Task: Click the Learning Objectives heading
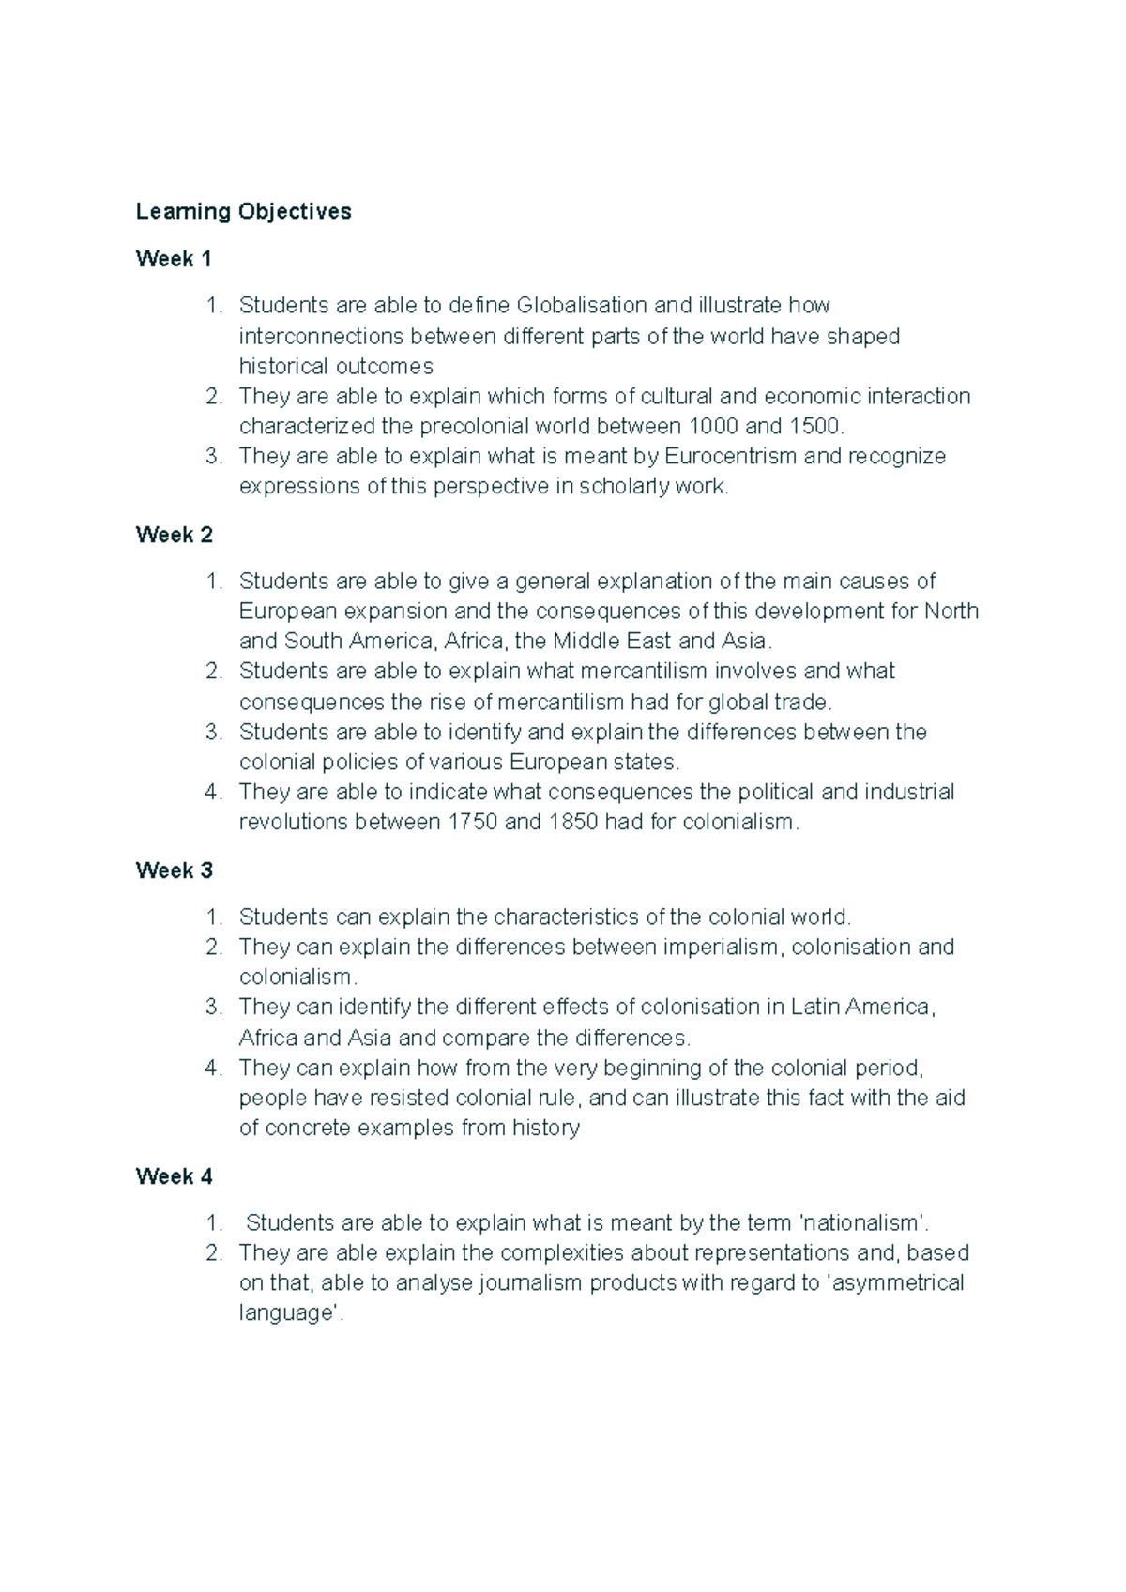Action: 243,211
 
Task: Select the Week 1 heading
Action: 174,259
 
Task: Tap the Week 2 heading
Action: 174,535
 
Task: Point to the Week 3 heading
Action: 174,871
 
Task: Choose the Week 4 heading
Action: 174,1176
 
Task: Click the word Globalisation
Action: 582,306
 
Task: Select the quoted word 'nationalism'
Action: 863,1222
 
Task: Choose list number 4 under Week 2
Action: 213,793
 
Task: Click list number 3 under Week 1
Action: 213,457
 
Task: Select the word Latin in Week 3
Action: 814,1008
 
